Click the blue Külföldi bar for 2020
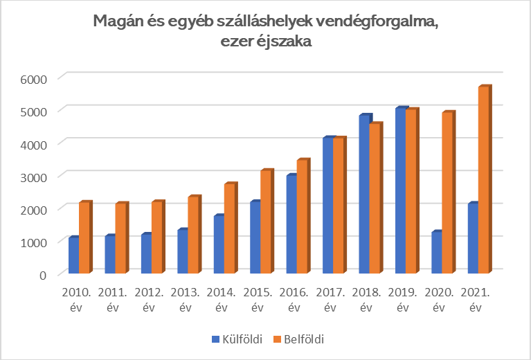pos(435,253)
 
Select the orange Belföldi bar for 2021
pos(483,179)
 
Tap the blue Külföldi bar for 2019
pos(399,191)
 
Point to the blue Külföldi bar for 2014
pos(218,245)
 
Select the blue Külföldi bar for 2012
pos(145,254)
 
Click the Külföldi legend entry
pos(235,339)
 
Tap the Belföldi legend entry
pos(298,339)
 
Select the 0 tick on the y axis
pos(43,275)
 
